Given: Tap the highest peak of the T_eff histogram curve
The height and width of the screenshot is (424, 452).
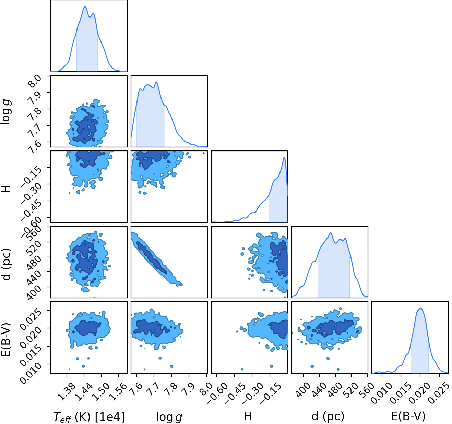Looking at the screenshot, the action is [x=85, y=7].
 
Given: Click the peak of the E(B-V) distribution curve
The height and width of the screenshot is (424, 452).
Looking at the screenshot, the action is [x=420, y=308].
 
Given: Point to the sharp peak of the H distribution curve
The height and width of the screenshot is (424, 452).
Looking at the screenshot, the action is [x=284, y=157].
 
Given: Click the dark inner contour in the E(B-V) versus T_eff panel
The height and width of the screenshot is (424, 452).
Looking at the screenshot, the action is [x=88, y=328].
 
